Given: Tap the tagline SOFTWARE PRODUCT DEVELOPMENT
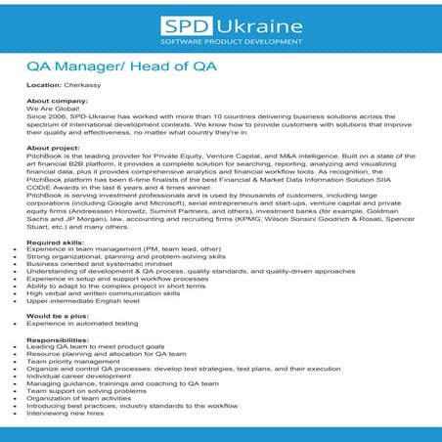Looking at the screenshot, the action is point(220,43).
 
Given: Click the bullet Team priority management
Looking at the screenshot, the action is point(66,359).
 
